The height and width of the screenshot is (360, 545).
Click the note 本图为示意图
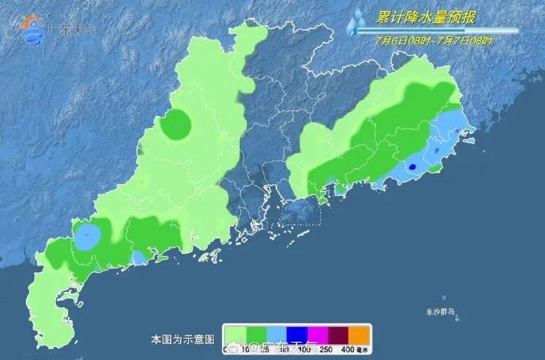click(182, 339)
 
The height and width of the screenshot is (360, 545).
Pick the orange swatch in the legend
click(357, 333)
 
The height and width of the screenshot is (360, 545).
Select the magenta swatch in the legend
click(314, 333)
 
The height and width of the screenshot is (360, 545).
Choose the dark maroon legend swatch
click(336, 333)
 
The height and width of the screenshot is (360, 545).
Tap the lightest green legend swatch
click(235, 333)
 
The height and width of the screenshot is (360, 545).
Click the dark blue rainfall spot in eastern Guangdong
click(413, 167)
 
